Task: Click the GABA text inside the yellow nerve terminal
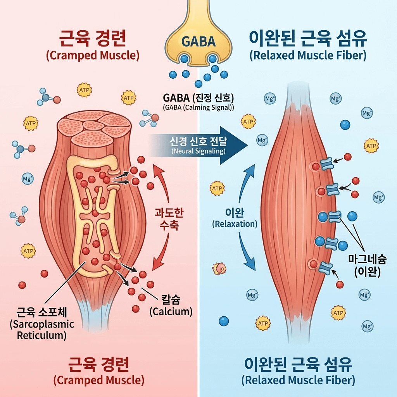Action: [198, 41]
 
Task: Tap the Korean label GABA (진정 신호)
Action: [198, 98]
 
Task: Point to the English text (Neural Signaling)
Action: [198, 151]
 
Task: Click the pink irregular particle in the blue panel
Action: [219, 268]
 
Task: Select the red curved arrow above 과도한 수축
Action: [162, 182]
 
